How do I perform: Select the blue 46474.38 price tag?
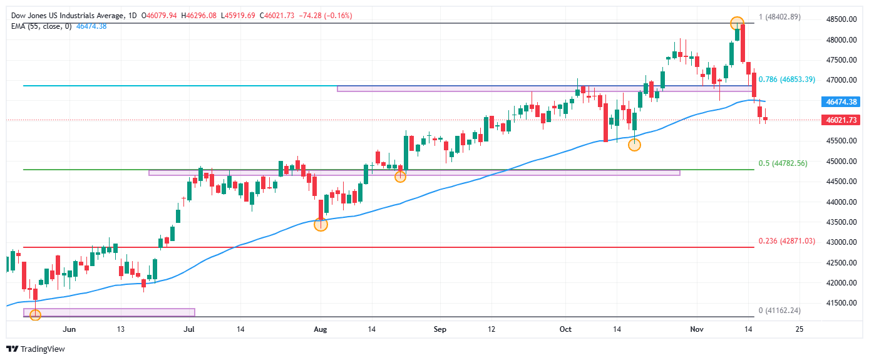841,101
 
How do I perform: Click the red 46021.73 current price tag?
841,120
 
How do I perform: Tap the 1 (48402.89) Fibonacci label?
779,17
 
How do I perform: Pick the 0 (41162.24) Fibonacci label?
779,311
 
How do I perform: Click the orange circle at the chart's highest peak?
737,23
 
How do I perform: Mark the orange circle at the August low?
321,224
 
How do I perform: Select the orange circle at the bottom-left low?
35,314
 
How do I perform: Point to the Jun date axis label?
69,329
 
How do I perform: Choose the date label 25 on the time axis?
798,329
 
